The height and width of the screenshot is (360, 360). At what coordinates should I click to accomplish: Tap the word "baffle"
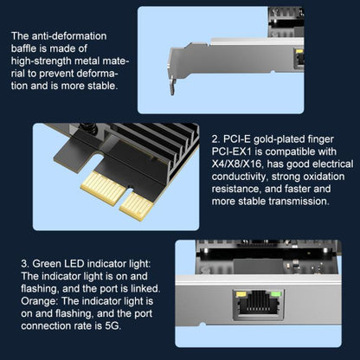28,49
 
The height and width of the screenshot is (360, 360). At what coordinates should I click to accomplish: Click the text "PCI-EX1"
234,151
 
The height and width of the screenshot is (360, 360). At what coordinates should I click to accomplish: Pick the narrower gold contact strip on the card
137,206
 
